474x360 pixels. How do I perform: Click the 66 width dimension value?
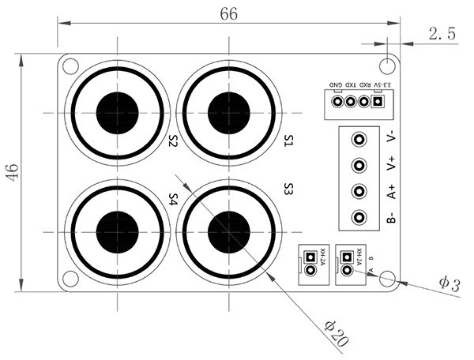pos(229,14)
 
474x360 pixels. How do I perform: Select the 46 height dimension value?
pos(13,172)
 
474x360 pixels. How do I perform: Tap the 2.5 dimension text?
pos(442,33)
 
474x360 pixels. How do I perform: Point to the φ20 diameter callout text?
pos(337,334)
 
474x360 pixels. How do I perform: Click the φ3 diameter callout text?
pos(450,284)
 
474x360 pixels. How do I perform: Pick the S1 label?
pos(288,141)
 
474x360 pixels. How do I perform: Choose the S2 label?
pos(173,141)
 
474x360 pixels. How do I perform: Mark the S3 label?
pos(288,189)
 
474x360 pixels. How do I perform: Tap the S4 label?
pos(173,200)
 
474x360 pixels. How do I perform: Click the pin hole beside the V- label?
pos(359,140)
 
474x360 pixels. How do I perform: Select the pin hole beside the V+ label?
pos(359,166)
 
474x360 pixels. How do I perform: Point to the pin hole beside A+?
pos(359,191)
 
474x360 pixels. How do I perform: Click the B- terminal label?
pos(392,217)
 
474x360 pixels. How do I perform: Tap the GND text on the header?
pos(336,84)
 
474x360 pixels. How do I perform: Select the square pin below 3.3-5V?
pos(377,102)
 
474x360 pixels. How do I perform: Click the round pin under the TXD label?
pos(350,102)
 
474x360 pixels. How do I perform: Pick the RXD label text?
pos(365,84)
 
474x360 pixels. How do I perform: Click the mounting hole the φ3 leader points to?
pos(387,278)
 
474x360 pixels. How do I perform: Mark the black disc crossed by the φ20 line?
pos(229,232)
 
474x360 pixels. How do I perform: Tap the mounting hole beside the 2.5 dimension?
pos(387,66)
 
